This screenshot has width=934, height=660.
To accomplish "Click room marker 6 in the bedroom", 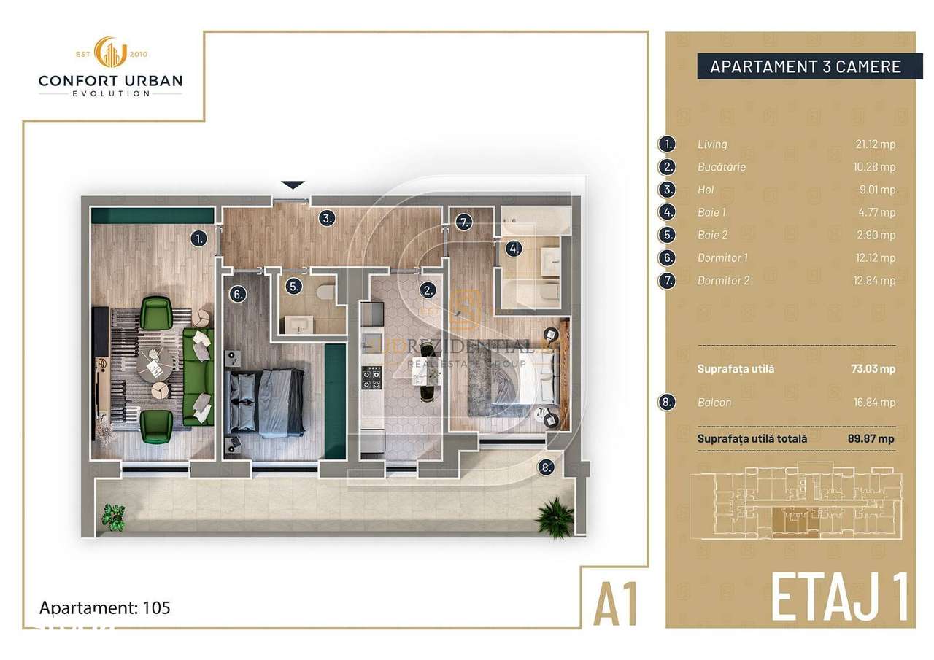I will (x=238, y=294).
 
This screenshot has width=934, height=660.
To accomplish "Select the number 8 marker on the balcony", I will (x=546, y=467).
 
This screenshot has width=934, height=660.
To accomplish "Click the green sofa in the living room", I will (x=198, y=376).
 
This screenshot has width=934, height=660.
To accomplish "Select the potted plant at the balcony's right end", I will (x=555, y=516).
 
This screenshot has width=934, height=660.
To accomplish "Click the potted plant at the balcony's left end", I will (x=112, y=516).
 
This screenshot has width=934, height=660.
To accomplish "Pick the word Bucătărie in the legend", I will (x=721, y=167).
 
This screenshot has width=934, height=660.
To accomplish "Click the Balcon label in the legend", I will (x=714, y=402).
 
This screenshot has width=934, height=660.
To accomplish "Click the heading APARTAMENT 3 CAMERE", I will (x=805, y=67).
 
